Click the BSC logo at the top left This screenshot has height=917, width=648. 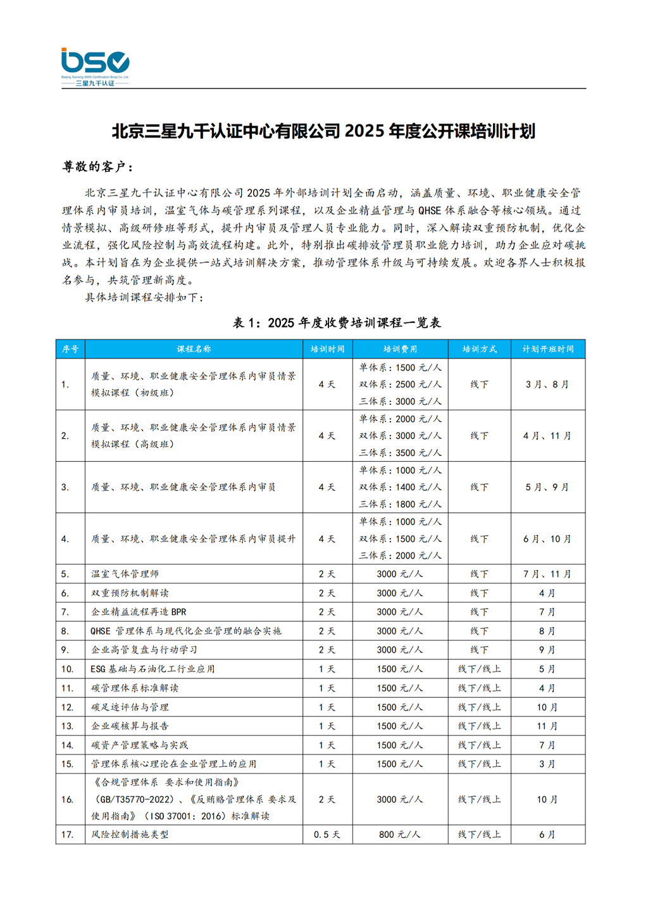click(95, 66)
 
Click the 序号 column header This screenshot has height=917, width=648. click(70, 349)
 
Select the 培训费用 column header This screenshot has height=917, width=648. click(400, 349)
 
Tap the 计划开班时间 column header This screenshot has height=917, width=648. click(547, 349)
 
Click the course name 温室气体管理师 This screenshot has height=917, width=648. click(125, 574)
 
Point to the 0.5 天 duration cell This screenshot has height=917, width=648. click(327, 835)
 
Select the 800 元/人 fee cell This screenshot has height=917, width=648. click(400, 835)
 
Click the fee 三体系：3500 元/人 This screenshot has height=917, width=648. click(400, 453)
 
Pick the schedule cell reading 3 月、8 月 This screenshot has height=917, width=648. click(547, 384)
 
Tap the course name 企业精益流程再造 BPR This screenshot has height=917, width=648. click(139, 612)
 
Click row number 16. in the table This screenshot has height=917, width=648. click(68, 799)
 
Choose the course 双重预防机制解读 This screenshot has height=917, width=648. click(130, 593)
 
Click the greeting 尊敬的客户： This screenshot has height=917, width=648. click(98, 167)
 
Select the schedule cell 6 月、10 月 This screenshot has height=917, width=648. click(547, 539)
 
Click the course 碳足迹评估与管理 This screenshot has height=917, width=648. click(130, 707)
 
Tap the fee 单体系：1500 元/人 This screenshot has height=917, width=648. click(400, 367)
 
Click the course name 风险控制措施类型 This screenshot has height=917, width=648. click(130, 835)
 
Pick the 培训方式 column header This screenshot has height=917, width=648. click(479, 349)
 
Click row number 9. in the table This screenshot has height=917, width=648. click(65, 650)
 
